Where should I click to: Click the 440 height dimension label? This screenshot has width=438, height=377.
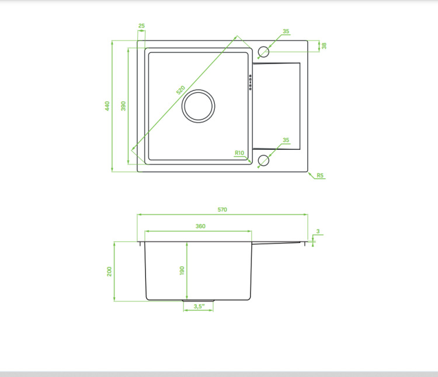[x=107, y=106]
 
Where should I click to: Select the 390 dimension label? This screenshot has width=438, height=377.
[x=123, y=106]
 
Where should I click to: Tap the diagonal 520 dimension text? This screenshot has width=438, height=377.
[x=180, y=90]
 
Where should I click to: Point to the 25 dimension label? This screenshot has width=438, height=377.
[x=142, y=26]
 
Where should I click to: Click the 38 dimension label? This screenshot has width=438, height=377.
[x=324, y=45]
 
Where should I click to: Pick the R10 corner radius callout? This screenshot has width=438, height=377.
[x=239, y=153]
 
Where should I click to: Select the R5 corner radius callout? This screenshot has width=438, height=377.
[x=320, y=175]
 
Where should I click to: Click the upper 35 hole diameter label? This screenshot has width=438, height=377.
[x=286, y=31]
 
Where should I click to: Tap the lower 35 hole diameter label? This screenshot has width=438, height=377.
[x=286, y=140]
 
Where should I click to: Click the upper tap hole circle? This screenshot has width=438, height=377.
[x=263, y=46]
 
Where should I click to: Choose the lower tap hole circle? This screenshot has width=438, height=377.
[x=263, y=155]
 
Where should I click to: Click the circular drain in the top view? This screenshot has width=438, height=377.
[x=199, y=90]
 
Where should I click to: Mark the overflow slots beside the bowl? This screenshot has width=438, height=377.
[x=251, y=83]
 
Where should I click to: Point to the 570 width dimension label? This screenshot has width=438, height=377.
[x=223, y=210]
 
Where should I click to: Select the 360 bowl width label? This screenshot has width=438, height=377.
[x=200, y=226]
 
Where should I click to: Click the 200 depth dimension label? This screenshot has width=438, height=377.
[x=109, y=272]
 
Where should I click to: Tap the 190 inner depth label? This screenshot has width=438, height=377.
[x=182, y=270]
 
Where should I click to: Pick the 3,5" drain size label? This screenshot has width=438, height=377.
[x=199, y=306]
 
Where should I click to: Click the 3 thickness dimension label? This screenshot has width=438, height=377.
[x=318, y=231]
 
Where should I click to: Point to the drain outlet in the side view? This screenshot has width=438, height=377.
[x=199, y=301]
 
